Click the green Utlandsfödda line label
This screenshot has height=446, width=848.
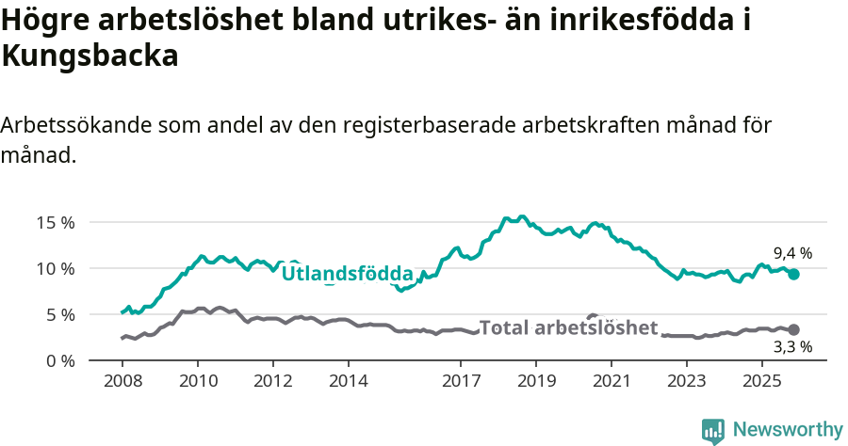pos(348,274)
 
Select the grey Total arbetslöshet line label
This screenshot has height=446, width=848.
pos(568,327)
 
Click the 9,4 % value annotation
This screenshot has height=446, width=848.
pos(792,253)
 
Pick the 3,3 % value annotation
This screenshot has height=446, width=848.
pos(792,346)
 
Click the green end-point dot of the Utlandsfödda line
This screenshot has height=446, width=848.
pos(793,274)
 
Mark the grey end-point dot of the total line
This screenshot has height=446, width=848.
pos(793,329)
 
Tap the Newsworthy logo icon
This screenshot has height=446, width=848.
pos(712,430)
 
